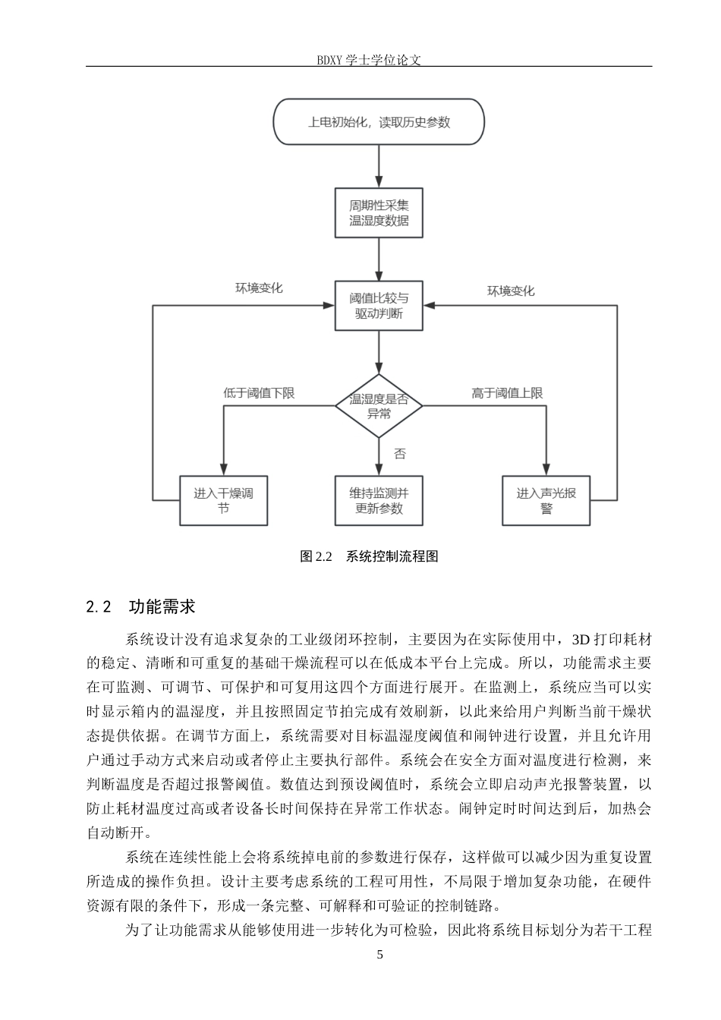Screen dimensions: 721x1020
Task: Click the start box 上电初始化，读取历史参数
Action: pyautogui.click(x=378, y=121)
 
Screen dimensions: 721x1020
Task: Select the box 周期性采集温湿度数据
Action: pyautogui.click(x=379, y=212)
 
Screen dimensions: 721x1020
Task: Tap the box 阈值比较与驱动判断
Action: pyautogui.click(x=379, y=306)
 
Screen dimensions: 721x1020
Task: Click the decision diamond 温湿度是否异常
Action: pyautogui.click(x=379, y=406)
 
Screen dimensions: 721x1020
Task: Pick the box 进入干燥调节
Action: pyautogui.click(x=223, y=500)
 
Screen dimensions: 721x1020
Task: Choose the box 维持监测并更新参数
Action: pyautogui.click(x=379, y=500)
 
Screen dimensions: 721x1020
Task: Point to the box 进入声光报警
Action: pyautogui.click(x=546, y=500)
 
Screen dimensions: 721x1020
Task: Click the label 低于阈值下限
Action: pyautogui.click(x=259, y=393)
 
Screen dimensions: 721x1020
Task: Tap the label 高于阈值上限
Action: pyautogui.click(x=507, y=393)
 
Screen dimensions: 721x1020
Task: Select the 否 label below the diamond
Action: pyautogui.click(x=399, y=454)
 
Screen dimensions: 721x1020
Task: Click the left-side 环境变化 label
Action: pyautogui.click(x=259, y=288)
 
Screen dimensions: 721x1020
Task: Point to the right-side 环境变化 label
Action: pyautogui.click(x=511, y=291)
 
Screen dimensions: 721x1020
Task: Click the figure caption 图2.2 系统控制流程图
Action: pyautogui.click(x=369, y=556)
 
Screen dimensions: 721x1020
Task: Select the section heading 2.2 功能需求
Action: pyautogui.click(x=140, y=606)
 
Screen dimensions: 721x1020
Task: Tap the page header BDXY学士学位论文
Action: pyautogui.click(x=369, y=60)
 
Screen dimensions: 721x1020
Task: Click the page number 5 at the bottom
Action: pyautogui.click(x=380, y=955)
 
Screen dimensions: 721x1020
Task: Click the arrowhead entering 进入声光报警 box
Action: pyautogui.click(x=546, y=470)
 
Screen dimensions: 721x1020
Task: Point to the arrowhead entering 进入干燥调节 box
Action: pyautogui.click(x=223, y=470)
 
